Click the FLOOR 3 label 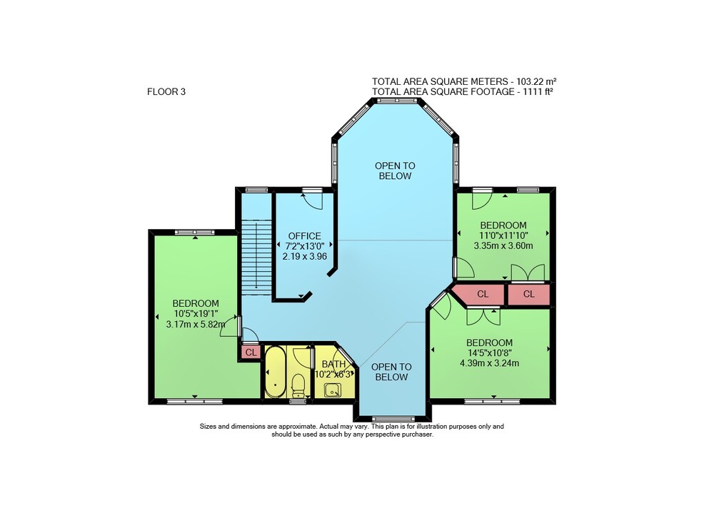166,91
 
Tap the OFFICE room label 304,235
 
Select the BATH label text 333,364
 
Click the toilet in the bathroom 298,385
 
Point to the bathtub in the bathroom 275,372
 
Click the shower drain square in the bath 333,390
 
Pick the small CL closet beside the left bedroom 251,352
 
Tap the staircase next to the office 256,258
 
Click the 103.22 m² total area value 536,81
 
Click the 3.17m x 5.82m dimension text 196,324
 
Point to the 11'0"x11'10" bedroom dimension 503,235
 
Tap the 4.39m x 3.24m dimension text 490,362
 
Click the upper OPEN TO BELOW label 395,171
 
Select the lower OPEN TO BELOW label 391,372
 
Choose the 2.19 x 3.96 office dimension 305,256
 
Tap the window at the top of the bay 394,101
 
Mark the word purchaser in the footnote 417,435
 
